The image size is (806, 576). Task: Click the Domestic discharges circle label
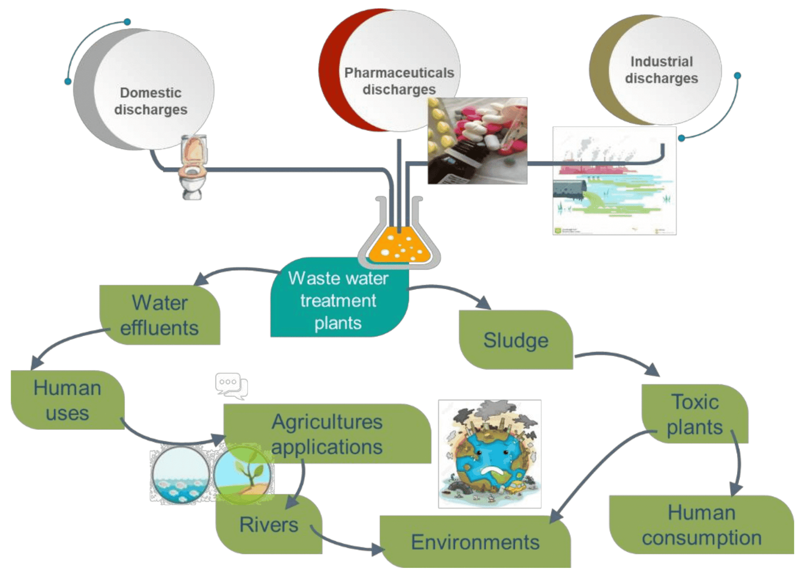151,101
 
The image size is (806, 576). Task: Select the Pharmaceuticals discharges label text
399,81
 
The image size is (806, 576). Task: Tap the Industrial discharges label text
661,70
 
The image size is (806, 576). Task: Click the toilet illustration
193,167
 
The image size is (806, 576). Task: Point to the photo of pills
477,140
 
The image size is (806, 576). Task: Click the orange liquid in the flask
400,247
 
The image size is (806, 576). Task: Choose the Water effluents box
160,315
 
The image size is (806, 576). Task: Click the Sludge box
516,340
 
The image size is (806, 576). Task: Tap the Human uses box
68,400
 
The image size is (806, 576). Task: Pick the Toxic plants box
695,414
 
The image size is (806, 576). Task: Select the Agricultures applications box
327,434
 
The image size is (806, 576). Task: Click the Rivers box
269,525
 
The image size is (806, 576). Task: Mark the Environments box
475,542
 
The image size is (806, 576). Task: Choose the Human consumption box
701,525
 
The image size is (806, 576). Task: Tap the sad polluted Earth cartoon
490,454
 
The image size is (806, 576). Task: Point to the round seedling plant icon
243,474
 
